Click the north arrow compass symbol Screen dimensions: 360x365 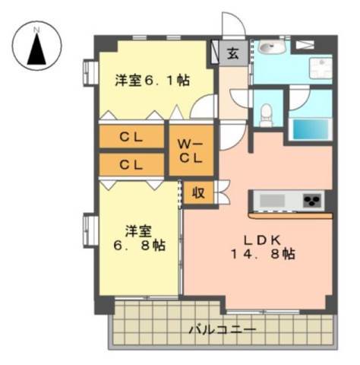(x=37, y=46)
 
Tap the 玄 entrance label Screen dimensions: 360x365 (x=233, y=53)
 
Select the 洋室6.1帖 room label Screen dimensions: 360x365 (x=153, y=81)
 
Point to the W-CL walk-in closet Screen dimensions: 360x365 (x=191, y=151)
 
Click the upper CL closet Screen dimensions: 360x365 (x=131, y=137)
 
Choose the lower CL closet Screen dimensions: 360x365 (x=131, y=164)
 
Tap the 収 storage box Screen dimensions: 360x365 (x=198, y=193)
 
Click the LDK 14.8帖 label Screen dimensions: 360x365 (x=263, y=247)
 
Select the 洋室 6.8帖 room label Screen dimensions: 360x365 (x=139, y=238)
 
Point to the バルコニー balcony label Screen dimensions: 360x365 (x=223, y=330)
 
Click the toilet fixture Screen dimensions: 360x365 (x=266, y=115)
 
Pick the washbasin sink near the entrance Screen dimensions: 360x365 (x=270, y=47)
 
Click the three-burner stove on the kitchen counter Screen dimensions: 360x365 (x=314, y=201)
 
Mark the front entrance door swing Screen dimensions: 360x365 (x=234, y=24)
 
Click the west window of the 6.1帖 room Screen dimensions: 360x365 (x=90, y=72)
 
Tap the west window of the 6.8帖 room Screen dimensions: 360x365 (x=90, y=230)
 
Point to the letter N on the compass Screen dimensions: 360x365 (x=37, y=30)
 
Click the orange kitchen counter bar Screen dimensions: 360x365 (x=291, y=216)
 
